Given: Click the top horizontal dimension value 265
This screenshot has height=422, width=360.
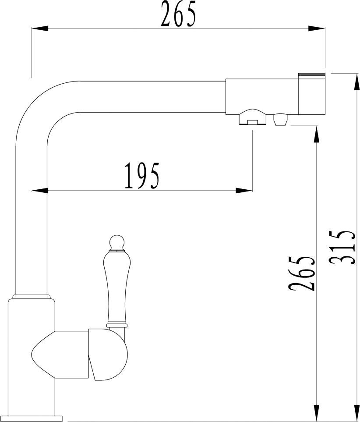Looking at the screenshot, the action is pyautogui.click(x=178, y=14).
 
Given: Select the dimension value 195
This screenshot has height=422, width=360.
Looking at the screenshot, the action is pyautogui.click(x=142, y=175).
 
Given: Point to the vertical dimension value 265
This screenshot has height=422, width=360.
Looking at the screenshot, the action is pyautogui.click(x=302, y=273).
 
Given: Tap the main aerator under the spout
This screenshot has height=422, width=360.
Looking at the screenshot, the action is pyautogui.click(x=253, y=117).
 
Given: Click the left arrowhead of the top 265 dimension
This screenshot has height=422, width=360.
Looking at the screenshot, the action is pyautogui.click(x=40, y=28).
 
